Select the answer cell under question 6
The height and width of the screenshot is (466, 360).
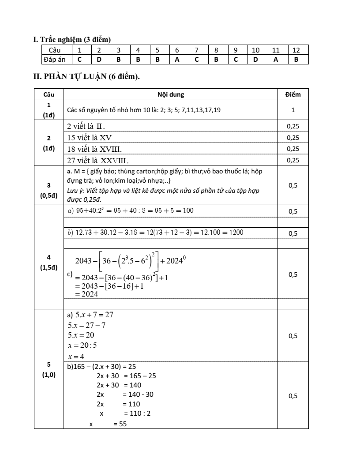pyautogui.click(x=177, y=59)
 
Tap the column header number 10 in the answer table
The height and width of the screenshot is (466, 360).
pyautogui.click(x=255, y=49)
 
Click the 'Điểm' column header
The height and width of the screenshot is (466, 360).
pyautogui.click(x=293, y=94)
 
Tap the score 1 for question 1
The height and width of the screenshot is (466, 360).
pyautogui.click(x=293, y=110)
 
